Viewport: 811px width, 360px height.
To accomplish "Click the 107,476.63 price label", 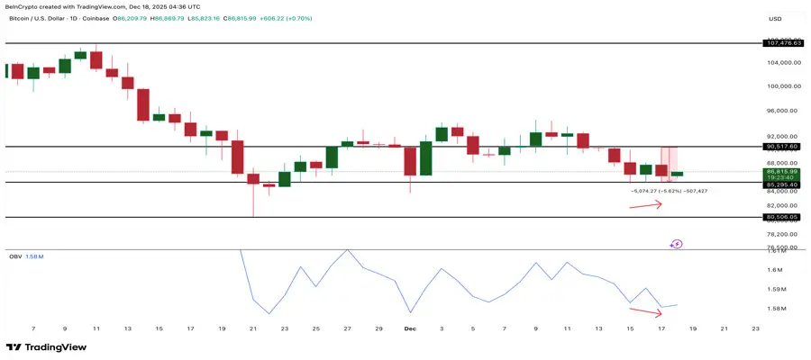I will [782, 42].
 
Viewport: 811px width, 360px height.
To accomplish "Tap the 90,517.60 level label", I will [782, 146].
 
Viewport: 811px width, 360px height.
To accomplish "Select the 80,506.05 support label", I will [782, 217].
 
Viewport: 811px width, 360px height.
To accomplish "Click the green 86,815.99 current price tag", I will [782, 171].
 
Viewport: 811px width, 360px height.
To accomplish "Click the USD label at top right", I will [774, 18].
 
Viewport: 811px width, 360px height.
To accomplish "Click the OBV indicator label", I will [14, 256].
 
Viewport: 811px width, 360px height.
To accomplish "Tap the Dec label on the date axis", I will [411, 328].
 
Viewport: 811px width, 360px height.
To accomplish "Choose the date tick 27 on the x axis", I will [347, 328].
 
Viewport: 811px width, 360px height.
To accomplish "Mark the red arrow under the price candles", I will [646, 205].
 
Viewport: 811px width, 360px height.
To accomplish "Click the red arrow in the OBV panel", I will [646, 312].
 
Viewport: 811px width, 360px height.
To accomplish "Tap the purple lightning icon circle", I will [677, 243].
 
